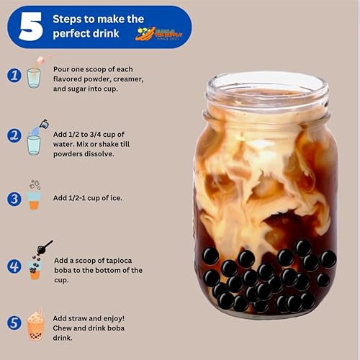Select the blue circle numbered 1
point(14,75)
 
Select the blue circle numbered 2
point(14,135)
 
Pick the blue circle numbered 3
point(14,199)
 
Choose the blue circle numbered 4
point(14,266)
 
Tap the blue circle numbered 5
point(14,324)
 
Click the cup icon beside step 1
point(34,76)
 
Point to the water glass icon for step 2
point(34,143)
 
